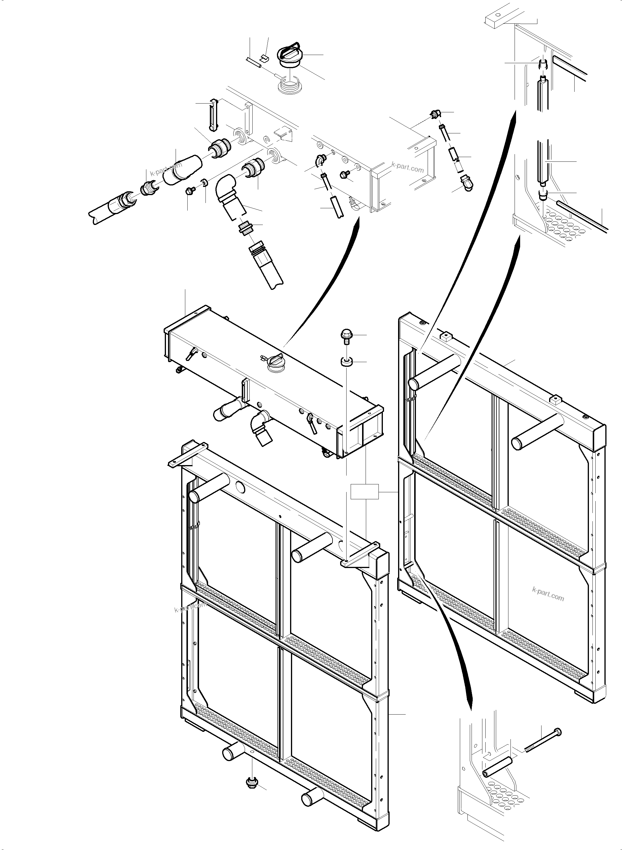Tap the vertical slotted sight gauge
point(213,116)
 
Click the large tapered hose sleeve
point(182,169)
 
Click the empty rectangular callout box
point(364,492)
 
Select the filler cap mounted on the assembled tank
point(272,363)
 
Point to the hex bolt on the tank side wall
point(344,174)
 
